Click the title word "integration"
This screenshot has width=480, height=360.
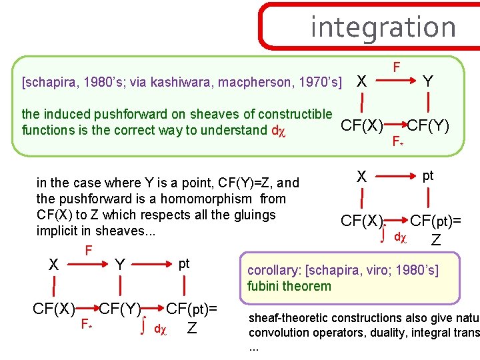(383, 27)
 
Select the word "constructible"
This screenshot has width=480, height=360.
(294, 114)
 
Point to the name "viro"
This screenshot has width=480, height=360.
(380, 270)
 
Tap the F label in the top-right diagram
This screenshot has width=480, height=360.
(396, 67)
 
